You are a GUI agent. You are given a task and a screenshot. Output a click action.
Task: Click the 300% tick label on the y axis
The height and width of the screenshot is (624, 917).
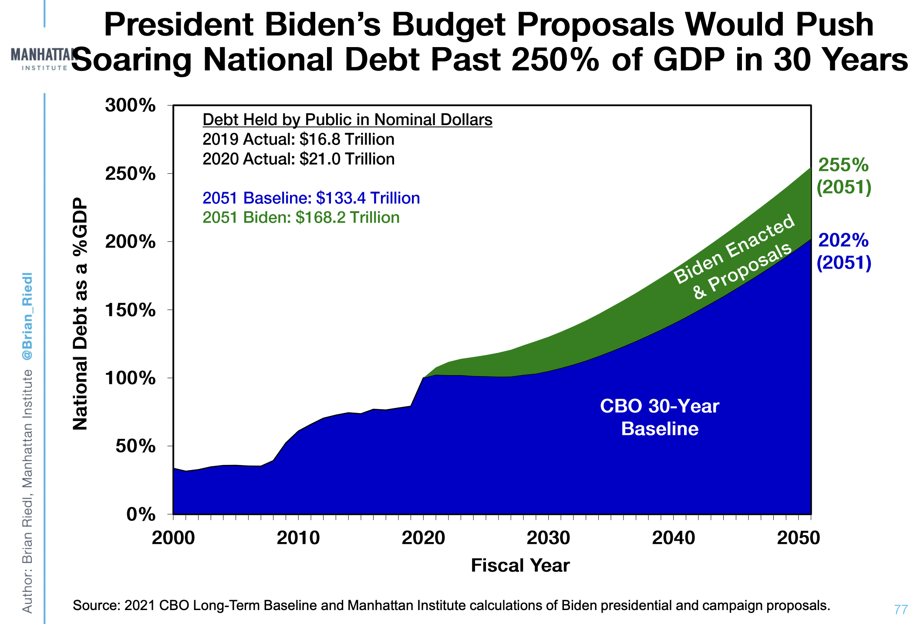pyautogui.click(x=130, y=105)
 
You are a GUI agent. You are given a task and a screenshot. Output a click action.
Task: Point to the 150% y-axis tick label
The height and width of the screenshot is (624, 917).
pyautogui.click(x=130, y=310)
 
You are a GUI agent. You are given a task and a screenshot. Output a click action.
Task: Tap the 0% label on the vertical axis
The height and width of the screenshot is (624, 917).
pyautogui.click(x=141, y=515)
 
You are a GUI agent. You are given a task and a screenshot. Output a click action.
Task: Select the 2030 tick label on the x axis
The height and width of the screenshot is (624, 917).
pyautogui.click(x=548, y=538)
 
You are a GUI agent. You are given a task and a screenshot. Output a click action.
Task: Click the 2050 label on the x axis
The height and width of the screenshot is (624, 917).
pyautogui.click(x=798, y=538)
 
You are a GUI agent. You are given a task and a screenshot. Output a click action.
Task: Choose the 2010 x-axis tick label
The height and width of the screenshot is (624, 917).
pyautogui.click(x=298, y=538)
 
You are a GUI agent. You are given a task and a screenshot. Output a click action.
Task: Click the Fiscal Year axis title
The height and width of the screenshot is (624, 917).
pyautogui.click(x=520, y=566)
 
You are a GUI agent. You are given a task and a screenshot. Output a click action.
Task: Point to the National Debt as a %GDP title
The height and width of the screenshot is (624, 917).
pyautogui.click(x=80, y=314)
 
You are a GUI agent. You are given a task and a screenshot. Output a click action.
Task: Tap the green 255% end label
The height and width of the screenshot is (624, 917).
pyautogui.click(x=843, y=176)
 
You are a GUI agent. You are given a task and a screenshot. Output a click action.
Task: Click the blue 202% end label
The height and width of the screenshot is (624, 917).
pyautogui.click(x=843, y=251)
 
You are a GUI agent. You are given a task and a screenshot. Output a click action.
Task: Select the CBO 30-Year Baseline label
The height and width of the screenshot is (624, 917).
pyautogui.click(x=659, y=417)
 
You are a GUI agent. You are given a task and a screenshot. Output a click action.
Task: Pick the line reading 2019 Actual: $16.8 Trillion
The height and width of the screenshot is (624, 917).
pyautogui.click(x=298, y=139)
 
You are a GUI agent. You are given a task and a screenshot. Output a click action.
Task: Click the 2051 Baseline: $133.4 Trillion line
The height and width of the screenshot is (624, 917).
pyautogui.click(x=311, y=198)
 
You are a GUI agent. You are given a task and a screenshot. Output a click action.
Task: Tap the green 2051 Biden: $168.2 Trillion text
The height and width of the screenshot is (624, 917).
pyautogui.click(x=301, y=217)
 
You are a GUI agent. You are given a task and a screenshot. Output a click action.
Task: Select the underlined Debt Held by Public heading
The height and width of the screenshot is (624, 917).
pyautogui.click(x=347, y=120)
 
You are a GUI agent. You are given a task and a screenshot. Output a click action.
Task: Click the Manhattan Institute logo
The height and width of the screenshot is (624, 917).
pyautogui.click(x=41, y=59)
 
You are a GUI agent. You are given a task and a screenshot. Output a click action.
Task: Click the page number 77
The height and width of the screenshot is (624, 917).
pyautogui.click(x=901, y=610)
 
